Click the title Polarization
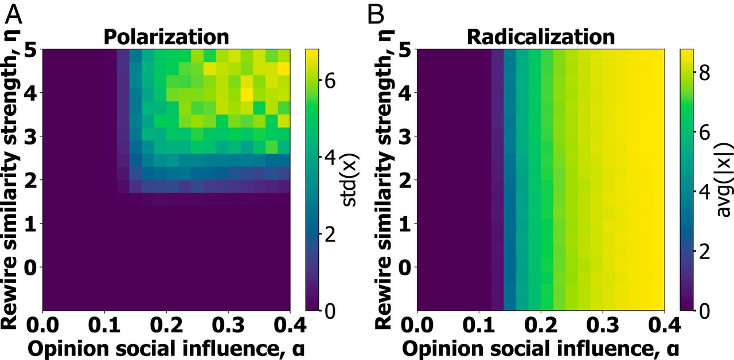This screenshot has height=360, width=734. point(166,37)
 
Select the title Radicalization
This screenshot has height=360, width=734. point(541,37)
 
